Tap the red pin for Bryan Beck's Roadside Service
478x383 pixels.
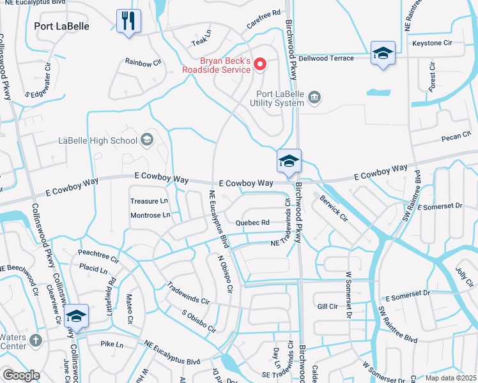pos(260,64)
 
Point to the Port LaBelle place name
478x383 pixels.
pos(61,26)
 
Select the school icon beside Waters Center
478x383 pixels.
pos(75,316)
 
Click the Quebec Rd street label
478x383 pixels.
pos(252,223)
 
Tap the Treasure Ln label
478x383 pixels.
pos(149,201)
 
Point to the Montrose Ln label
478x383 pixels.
pos(150,215)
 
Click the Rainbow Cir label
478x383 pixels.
pos(143,63)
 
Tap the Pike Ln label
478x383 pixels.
pos(111,344)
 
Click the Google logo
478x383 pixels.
pos(21,376)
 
